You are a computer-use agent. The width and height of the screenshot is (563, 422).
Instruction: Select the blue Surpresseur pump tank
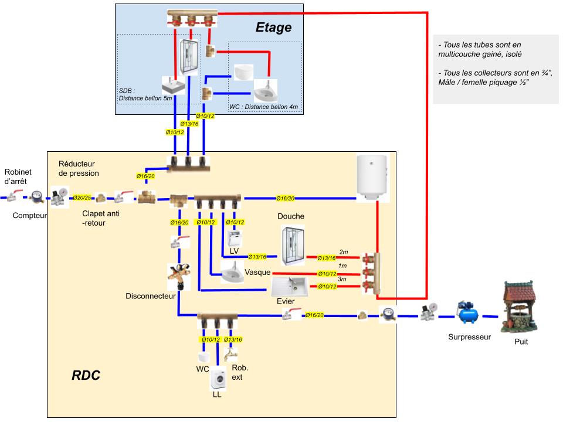click(x=469, y=314)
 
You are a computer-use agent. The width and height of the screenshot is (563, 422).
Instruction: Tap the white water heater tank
click(x=372, y=176)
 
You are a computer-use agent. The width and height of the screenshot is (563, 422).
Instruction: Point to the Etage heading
click(x=273, y=28)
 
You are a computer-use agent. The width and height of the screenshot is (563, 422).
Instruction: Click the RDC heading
click(x=86, y=375)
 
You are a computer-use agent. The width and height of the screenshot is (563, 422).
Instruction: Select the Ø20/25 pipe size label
click(x=82, y=198)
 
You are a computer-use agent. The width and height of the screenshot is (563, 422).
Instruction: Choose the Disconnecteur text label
click(x=150, y=296)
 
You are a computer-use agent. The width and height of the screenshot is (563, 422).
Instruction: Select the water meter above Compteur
click(x=36, y=197)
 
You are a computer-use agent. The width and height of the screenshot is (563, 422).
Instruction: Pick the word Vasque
click(x=257, y=273)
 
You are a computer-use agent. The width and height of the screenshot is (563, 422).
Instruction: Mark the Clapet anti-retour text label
click(x=101, y=218)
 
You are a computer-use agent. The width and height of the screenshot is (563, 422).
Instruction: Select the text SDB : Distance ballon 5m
click(x=145, y=94)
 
